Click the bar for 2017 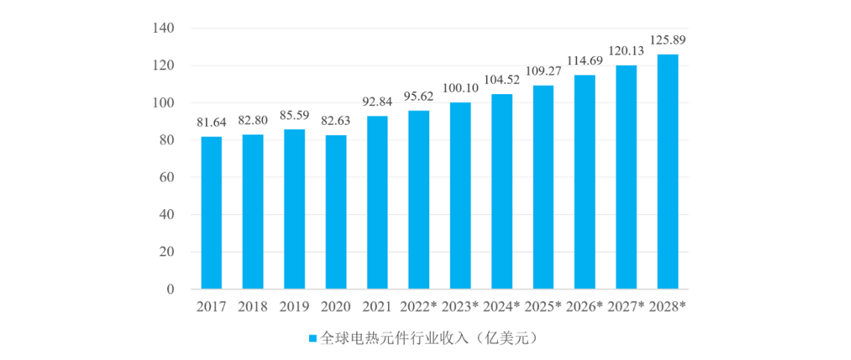click(x=211, y=213)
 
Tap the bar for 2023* click(x=461, y=196)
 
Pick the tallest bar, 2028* click(x=668, y=172)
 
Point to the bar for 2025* click(x=543, y=187)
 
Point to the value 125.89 click(x=668, y=40)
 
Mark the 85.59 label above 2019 click(x=294, y=116)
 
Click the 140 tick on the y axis click(x=163, y=28)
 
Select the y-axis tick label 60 click(x=166, y=178)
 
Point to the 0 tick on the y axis click(x=170, y=289)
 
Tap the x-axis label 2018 click(x=253, y=306)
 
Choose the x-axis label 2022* click(x=419, y=306)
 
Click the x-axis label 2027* click(x=626, y=306)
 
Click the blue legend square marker click(x=314, y=338)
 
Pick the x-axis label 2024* click(x=502, y=306)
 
